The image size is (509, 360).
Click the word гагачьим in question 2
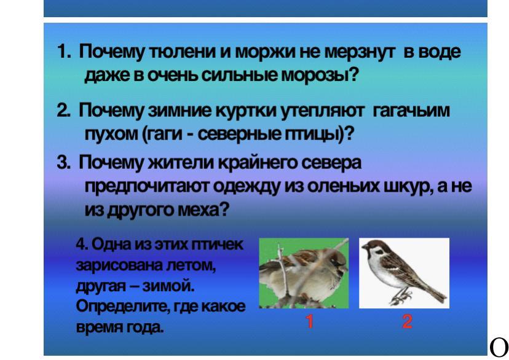pos(411,111)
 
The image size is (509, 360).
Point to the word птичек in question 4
pos(217,245)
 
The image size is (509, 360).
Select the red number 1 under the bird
pos(310,322)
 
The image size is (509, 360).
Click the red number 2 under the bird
pos(407,322)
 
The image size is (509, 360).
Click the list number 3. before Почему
pos(64,162)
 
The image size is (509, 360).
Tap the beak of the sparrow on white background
pos(364,248)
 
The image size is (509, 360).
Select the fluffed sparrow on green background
pos(303,274)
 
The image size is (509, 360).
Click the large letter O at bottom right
pos(499,347)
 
